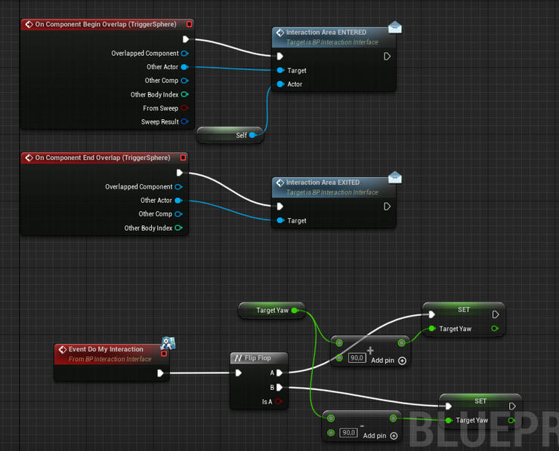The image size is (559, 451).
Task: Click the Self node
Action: click(x=230, y=135)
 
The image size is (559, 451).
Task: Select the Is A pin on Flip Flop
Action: click(x=279, y=402)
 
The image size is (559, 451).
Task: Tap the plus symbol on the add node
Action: click(x=370, y=350)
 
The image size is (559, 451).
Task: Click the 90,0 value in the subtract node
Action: click(x=348, y=433)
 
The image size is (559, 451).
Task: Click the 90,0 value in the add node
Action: click(x=357, y=357)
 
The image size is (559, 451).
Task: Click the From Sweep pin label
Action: click(x=160, y=108)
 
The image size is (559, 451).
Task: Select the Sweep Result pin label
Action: click(x=159, y=121)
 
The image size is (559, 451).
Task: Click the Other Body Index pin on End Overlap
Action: click(x=178, y=228)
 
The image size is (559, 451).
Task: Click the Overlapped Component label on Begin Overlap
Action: click(x=145, y=54)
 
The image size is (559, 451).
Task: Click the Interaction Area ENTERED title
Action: click(x=326, y=32)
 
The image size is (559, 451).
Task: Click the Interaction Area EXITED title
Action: click(x=323, y=183)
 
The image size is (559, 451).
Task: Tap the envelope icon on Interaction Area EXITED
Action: click(x=395, y=178)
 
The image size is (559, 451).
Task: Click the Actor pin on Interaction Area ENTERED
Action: click(x=280, y=84)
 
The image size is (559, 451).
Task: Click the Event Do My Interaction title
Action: click(x=106, y=349)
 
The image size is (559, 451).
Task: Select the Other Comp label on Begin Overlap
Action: click(x=162, y=81)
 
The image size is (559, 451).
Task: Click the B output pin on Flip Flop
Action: click(x=279, y=388)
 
